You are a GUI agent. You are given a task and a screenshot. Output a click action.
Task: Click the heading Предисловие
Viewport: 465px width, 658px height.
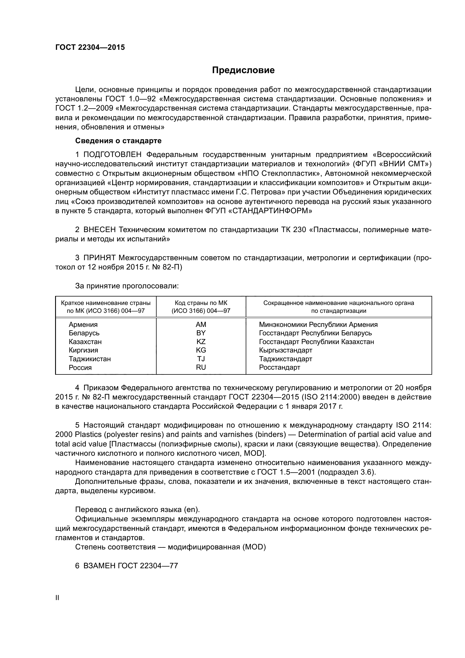(x=243, y=70)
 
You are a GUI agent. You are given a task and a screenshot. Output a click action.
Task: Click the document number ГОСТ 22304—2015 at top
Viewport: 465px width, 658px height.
(x=90, y=48)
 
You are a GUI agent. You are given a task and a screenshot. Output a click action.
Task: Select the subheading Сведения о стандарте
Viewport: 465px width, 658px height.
(x=118, y=141)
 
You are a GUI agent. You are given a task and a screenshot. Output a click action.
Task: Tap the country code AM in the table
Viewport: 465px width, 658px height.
(x=201, y=324)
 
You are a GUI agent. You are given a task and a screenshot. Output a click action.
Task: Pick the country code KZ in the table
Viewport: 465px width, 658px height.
(x=201, y=342)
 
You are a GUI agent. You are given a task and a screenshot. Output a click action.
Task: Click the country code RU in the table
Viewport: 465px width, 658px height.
(x=201, y=367)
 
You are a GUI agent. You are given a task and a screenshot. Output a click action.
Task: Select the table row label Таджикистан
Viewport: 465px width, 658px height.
(x=90, y=359)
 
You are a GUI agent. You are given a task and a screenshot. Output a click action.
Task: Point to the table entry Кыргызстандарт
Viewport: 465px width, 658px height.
(x=285, y=350)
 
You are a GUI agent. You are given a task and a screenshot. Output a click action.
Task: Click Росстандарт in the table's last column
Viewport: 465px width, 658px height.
(x=279, y=367)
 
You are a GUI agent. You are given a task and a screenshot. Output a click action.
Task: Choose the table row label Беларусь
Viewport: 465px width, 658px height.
(x=84, y=333)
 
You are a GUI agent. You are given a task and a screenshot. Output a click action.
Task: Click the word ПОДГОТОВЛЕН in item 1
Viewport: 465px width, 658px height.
(x=112, y=155)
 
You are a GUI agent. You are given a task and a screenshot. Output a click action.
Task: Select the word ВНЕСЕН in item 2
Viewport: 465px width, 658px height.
(x=99, y=230)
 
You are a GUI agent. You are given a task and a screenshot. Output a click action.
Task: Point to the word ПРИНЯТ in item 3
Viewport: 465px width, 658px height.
(x=99, y=258)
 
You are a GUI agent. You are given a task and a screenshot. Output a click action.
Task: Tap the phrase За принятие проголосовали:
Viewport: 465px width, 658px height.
(x=127, y=286)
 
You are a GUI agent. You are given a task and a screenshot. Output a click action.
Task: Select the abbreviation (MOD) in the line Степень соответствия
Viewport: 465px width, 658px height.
(x=254, y=547)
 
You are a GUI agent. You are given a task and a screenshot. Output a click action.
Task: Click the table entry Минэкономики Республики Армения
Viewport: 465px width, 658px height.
(x=318, y=324)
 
